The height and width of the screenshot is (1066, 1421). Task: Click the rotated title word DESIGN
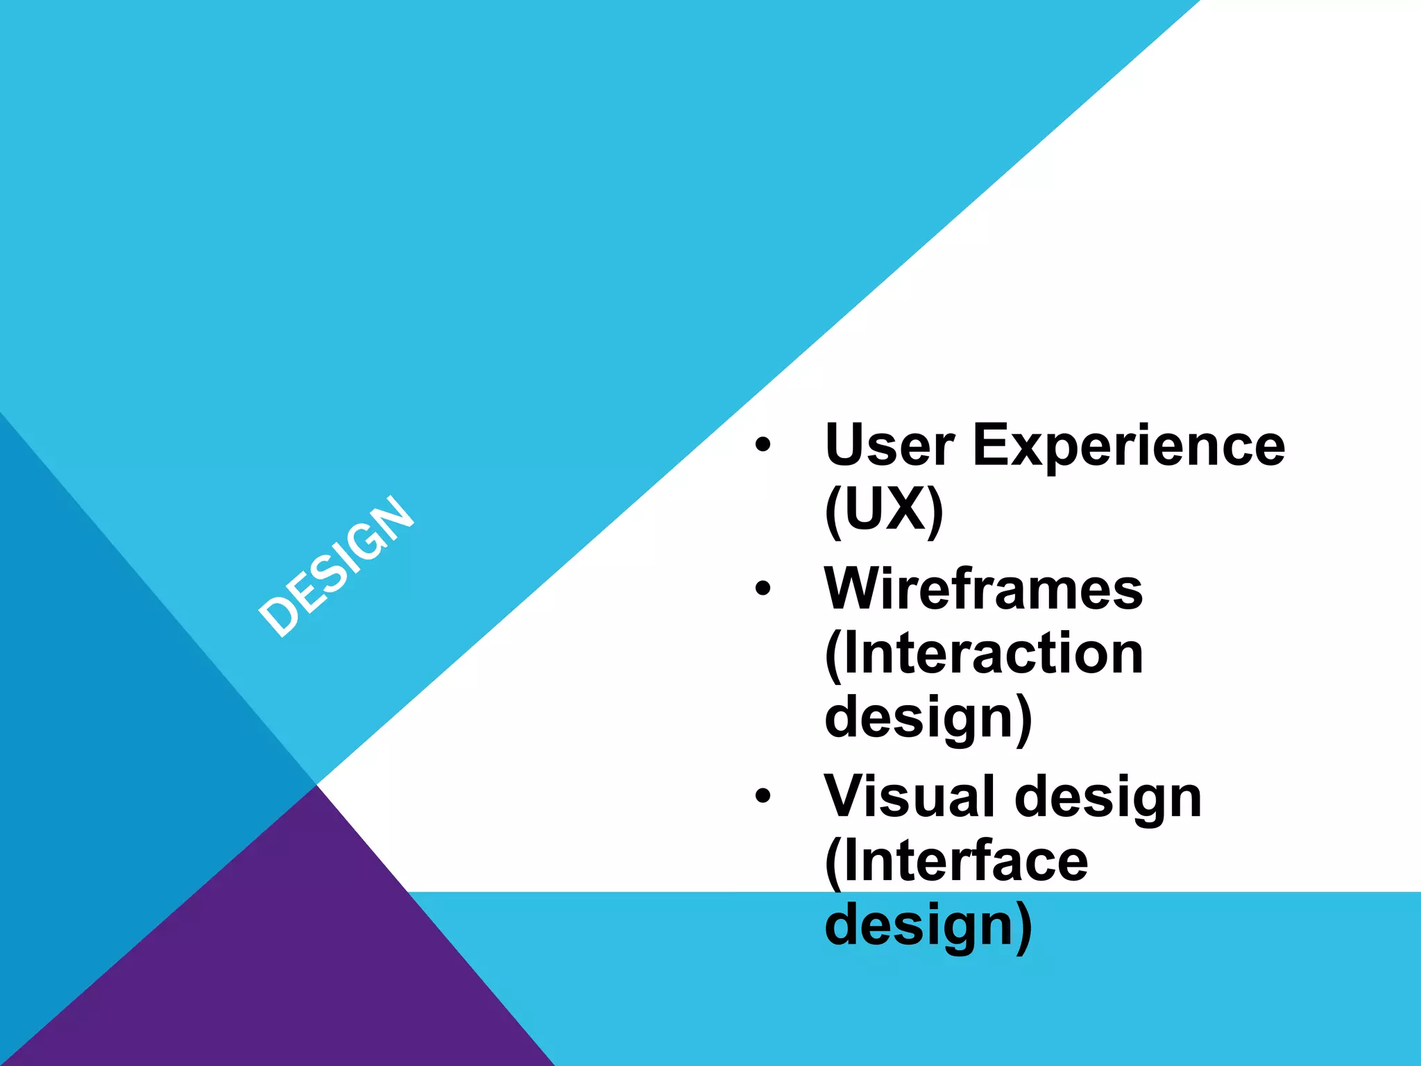(337, 566)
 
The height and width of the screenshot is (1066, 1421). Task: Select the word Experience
(1129, 445)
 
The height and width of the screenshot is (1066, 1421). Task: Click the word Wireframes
(983, 589)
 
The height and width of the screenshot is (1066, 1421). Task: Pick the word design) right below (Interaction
(928, 718)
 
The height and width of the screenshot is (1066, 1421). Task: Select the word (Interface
(956, 861)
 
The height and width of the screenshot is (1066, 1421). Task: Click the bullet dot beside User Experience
(763, 445)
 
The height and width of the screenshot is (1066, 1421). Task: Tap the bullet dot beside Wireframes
(763, 589)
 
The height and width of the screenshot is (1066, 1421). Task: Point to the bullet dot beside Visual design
(763, 796)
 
